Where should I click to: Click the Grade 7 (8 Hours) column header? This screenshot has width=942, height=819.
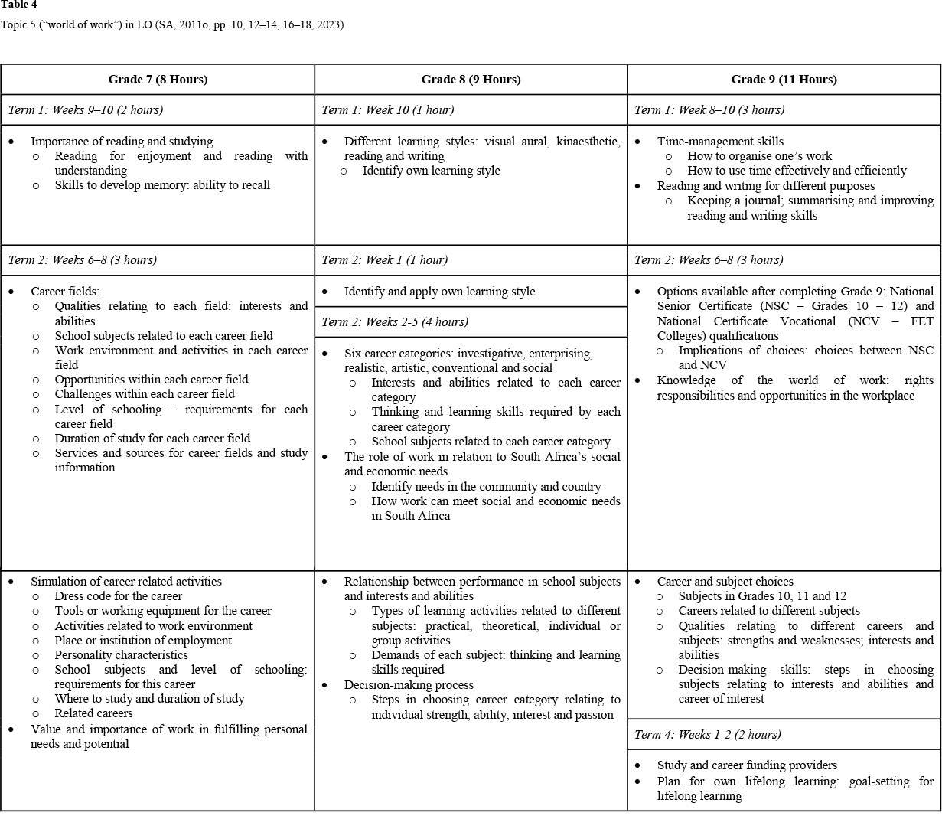[158, 80]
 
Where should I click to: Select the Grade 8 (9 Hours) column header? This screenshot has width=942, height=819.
[471, 80]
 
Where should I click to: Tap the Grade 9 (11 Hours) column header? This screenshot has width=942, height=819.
[784, 80]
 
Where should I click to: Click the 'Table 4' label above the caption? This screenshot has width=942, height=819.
[18, 5]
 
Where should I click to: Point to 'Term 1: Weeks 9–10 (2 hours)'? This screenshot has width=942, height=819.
[85, 110]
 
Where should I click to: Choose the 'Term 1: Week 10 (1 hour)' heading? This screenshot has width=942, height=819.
[387, 110]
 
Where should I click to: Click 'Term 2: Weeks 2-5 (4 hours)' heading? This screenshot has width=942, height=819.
[395, 322]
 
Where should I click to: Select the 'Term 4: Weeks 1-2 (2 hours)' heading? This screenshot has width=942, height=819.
[707, 735]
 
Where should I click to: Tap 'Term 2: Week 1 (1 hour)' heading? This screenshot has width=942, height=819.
[384, 260]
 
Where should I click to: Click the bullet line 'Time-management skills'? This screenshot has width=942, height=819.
[719, 142]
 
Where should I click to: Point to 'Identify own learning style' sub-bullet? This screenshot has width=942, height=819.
[431, 171]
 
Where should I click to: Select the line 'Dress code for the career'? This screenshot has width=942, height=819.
[119, 596]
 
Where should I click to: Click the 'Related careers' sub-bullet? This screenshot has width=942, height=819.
[93, 713]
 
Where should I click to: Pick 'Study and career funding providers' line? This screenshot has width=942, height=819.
[747, 765]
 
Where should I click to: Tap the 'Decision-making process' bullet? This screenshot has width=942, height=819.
[409, 685]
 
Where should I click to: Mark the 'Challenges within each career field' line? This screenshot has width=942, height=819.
[145, 394]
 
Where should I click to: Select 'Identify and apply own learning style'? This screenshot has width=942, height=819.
[439, 292]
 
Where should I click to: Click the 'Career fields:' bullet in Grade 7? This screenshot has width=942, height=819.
[65, 292]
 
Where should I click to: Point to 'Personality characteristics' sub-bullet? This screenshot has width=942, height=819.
[121, 655]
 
